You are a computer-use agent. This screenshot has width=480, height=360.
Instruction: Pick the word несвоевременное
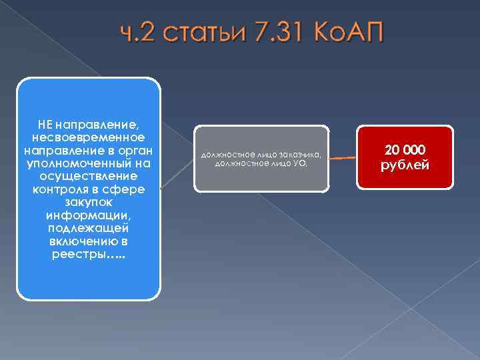89,137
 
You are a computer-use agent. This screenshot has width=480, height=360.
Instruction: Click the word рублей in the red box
405,165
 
